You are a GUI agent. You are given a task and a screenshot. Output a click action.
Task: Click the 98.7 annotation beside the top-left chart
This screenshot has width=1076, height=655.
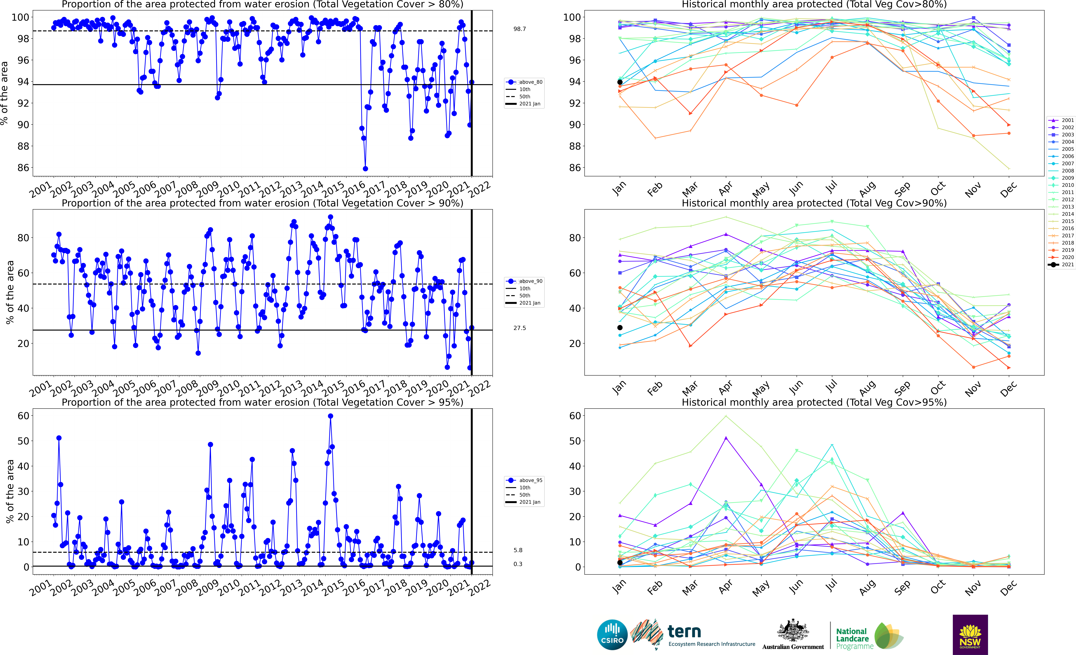coord(519,29)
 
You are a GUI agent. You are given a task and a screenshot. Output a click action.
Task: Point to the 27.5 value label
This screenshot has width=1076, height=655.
coord(519,328)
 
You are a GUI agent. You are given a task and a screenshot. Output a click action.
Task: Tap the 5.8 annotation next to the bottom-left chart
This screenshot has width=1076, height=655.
coord(518,550)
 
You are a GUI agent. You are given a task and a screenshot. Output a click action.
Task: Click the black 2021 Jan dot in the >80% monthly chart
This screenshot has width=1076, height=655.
coord(620,82)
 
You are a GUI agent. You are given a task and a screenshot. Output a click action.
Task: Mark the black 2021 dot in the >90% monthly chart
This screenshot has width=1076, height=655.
coord(620,327)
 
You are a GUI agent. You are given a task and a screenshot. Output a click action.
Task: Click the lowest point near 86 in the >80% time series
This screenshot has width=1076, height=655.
coord(365,169)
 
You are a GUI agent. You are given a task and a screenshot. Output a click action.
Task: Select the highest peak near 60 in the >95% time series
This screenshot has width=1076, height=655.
coord(331,416)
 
